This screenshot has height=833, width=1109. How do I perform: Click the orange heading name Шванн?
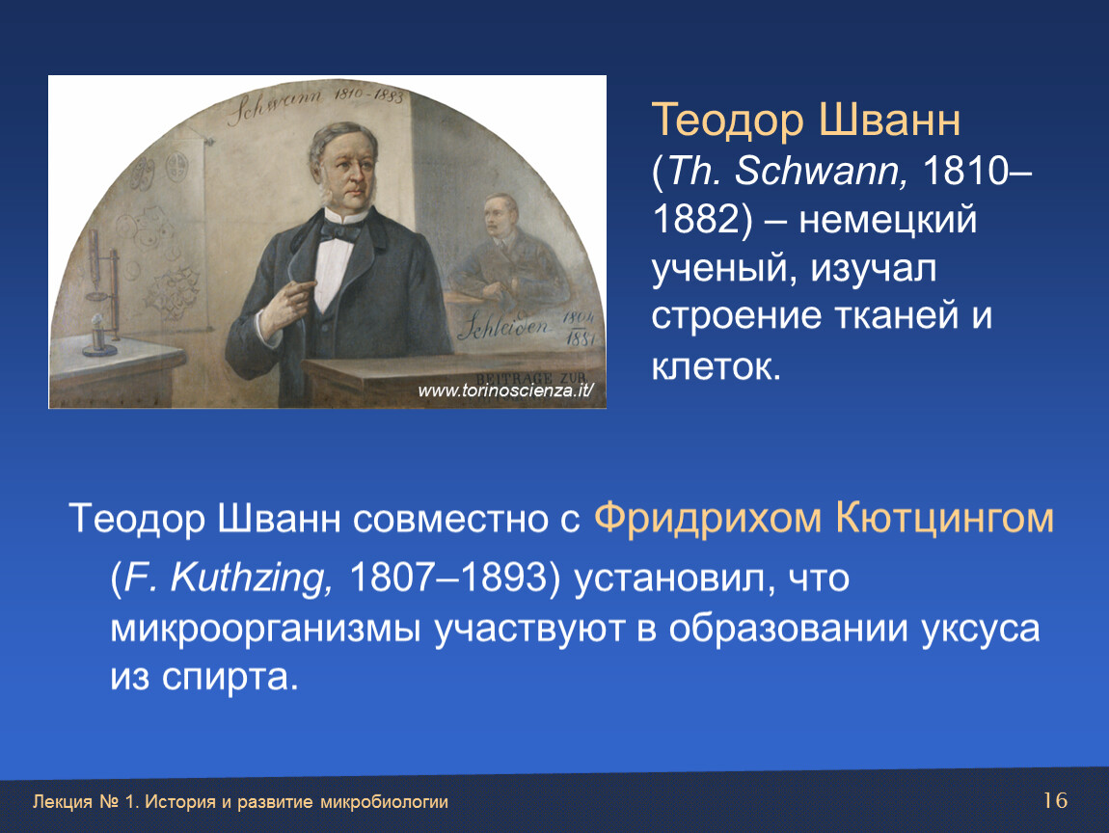point(890,120)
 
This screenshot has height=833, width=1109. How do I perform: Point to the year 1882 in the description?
point(696,219)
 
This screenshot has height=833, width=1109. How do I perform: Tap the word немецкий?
point(887,220)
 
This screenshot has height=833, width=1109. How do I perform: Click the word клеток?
point(715,366)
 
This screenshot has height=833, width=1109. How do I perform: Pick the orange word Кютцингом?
point(944,520)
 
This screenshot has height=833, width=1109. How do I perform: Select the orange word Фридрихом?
point(707,520)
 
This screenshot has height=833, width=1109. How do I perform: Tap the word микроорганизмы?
point(265,630)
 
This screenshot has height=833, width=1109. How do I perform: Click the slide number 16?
point(1055,800)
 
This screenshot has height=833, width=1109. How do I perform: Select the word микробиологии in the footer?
point(384,802)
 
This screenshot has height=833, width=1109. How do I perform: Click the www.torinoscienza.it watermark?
point(505,390)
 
